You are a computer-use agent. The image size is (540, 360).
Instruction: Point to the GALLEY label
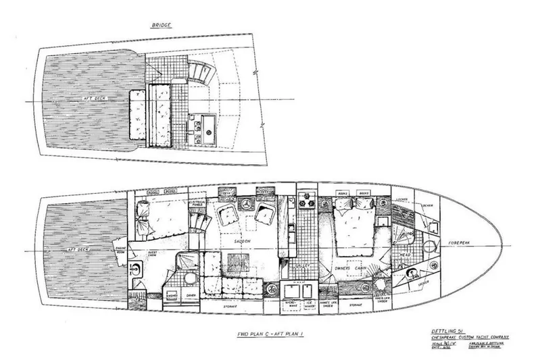(302, 265)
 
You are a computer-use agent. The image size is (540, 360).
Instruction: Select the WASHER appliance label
(171, 296)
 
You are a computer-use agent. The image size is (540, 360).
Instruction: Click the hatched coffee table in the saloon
(239, 259)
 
